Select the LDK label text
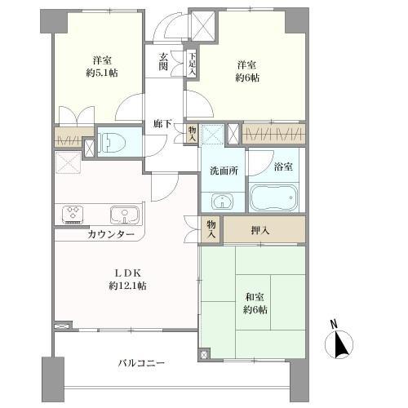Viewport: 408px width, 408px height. point(126,273)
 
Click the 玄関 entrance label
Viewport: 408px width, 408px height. point(163,62)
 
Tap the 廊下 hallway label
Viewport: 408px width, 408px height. point(162,124)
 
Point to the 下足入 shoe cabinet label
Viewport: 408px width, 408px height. point(192,62)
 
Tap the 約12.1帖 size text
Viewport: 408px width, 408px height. point(126,286)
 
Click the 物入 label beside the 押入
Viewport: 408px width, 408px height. point(211,229)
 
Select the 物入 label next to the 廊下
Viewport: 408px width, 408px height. point(191,133)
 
